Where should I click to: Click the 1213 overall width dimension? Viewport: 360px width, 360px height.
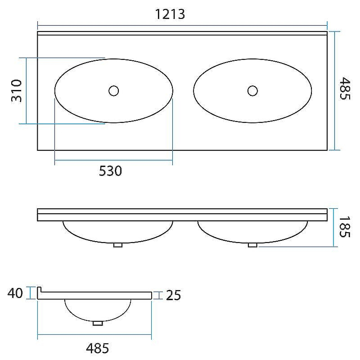(x=170, y=14)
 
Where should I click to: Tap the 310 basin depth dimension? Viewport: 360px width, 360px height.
(x=17, y=91)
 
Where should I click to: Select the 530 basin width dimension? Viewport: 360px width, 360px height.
(x=110, y=171)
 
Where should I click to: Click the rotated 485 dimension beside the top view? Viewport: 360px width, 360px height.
(x=345, y=89)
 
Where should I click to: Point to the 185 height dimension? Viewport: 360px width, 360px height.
(x=345, y=227)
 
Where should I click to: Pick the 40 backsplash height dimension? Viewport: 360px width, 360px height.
(x=15, y=293)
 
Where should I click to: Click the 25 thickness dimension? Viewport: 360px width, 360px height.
(x=173, y=295)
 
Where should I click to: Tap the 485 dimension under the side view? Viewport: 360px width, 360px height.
(x=97, y=348)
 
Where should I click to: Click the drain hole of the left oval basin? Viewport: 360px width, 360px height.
(x=114, y=91)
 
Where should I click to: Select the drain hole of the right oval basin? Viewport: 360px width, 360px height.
(x=252, y=91)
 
